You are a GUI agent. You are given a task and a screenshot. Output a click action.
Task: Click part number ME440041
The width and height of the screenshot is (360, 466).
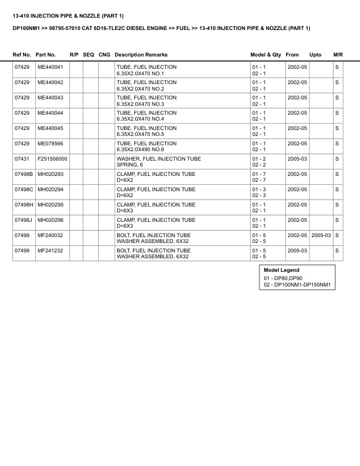50,68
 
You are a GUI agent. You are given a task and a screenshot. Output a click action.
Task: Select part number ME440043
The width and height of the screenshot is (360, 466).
50,98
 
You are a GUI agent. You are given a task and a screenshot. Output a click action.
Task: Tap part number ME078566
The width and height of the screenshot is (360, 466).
50,144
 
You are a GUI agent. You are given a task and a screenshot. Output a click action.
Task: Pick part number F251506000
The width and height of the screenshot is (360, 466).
52,159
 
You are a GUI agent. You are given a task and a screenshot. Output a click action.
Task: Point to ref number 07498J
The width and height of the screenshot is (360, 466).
24,220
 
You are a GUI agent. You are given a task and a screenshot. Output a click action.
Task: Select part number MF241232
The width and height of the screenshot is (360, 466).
50,251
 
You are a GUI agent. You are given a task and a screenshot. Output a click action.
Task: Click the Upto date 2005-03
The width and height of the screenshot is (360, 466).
321,235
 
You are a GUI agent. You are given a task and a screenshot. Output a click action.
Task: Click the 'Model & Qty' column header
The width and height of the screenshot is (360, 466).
266,55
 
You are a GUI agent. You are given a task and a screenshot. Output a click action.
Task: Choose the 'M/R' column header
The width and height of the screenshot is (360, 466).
338,55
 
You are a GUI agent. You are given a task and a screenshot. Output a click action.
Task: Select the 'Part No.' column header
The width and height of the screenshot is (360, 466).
46,55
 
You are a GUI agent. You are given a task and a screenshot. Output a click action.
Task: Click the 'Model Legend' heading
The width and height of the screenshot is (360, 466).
282,270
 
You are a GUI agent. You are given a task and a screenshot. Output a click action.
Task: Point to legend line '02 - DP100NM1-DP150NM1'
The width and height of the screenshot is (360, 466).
298,285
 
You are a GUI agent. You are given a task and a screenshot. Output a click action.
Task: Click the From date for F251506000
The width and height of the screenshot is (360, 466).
297,159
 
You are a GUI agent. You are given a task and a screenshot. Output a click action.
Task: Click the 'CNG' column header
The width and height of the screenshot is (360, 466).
105,55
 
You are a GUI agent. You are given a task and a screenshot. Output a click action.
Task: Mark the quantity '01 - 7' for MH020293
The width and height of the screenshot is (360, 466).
259,174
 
